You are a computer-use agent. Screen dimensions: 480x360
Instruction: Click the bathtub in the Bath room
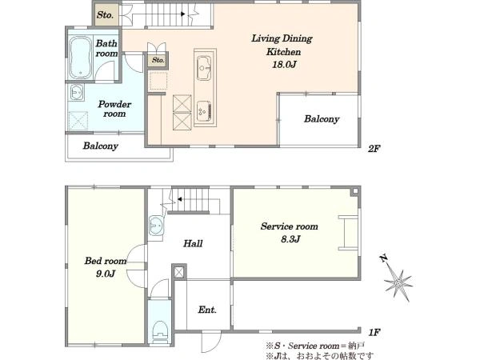click(x=80, y=58)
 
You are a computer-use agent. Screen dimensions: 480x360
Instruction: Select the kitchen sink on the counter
click(x=203, y=68)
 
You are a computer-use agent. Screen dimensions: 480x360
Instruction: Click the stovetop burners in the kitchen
click(x=204, y=110)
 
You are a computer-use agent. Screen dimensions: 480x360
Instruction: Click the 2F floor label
click(x=374, y=149)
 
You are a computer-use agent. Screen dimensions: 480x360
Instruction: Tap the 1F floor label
click(x=374, y=332)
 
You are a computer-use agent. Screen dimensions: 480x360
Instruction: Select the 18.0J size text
click(x=284, y=65)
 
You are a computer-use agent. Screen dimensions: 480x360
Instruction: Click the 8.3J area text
click(x=290, y=238)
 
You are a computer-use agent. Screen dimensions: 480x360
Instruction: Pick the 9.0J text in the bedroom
click(x=106, y=274)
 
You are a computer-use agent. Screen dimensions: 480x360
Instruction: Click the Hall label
click(x=193, y=244)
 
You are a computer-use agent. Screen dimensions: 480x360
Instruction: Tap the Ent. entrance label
click(x=207, y=310)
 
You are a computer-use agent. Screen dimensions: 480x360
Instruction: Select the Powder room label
click(x=114, y=109)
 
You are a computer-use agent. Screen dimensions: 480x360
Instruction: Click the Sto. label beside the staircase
click(x=106, y=14)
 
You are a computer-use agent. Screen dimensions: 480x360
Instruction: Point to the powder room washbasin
click(x=76, y=92)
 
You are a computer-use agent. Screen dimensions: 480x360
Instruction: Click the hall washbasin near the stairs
click(x=157, y=226)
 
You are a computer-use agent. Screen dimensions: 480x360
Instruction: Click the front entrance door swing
click(x=211, y=342)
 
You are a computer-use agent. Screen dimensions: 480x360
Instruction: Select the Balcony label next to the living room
click(x=322, y=119)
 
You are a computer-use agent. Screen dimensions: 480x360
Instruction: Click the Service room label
click(x=290, y=226)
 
